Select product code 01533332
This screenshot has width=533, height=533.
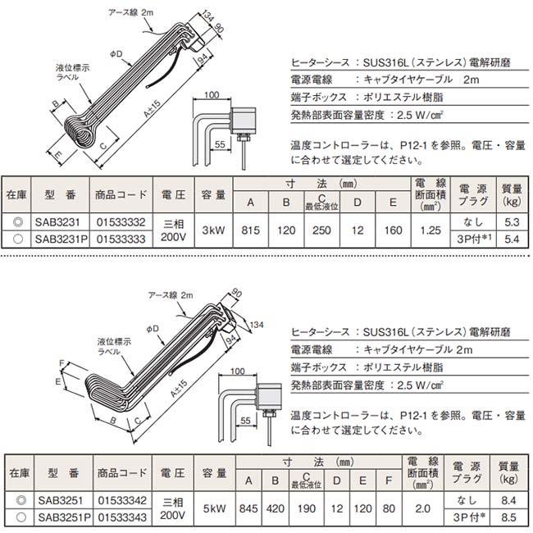(x=121, y=222)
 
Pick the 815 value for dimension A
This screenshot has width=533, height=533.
(x=251, y=230)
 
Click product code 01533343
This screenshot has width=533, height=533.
(x=121, y=517)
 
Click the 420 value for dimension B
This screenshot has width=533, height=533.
(x=276, y=508)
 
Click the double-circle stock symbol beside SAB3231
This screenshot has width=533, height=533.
(x=16, y=222)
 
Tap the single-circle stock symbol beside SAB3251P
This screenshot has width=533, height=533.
(x=16, y=517)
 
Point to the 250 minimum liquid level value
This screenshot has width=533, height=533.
(x=322, y=230)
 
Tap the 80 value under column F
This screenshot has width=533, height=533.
(x=389, y=508)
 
